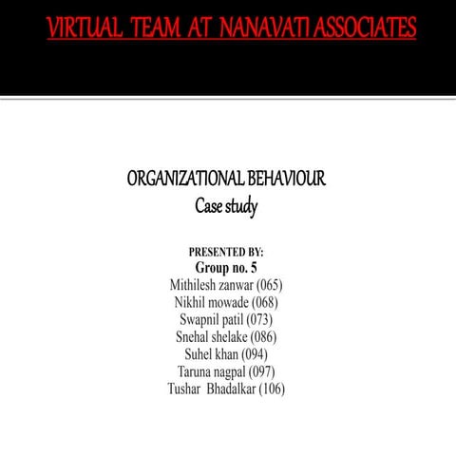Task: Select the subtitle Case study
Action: [226, 205]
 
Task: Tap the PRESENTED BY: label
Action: [226, 252]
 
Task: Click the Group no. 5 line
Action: [226, 268]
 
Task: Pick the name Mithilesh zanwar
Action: [209, 285]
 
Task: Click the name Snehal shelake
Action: [210, 336]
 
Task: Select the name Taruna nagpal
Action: [211, 370]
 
